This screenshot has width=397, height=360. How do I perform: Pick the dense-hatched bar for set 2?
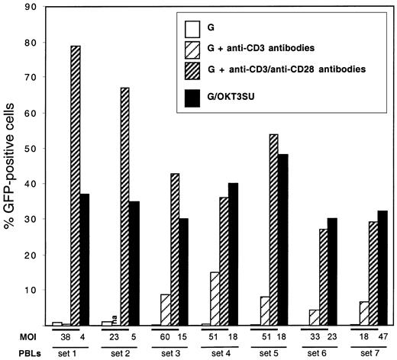tap(124, 207)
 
